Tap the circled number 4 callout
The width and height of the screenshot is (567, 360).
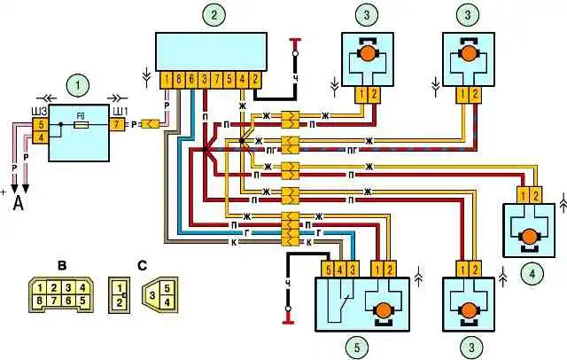(x=530, y=273)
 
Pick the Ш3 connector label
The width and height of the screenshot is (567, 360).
(x=38, y=110)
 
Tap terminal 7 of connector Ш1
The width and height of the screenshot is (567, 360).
(x=117, y=125)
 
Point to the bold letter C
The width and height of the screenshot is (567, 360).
(x=143, y=263)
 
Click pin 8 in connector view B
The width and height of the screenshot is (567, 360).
(x=41, y=301)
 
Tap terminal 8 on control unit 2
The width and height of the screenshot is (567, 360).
(x=179, y=80)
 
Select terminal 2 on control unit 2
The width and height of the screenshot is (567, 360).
(x=255, y=80)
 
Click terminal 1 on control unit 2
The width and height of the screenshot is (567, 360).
(x=167, y=80)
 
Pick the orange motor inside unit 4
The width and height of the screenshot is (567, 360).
(x=531, y=236)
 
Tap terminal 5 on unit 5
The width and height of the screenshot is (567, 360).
(x=328, y=269)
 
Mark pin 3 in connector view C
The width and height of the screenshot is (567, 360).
(x=152, y=293)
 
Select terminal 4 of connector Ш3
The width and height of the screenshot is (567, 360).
(x=39, y=136)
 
